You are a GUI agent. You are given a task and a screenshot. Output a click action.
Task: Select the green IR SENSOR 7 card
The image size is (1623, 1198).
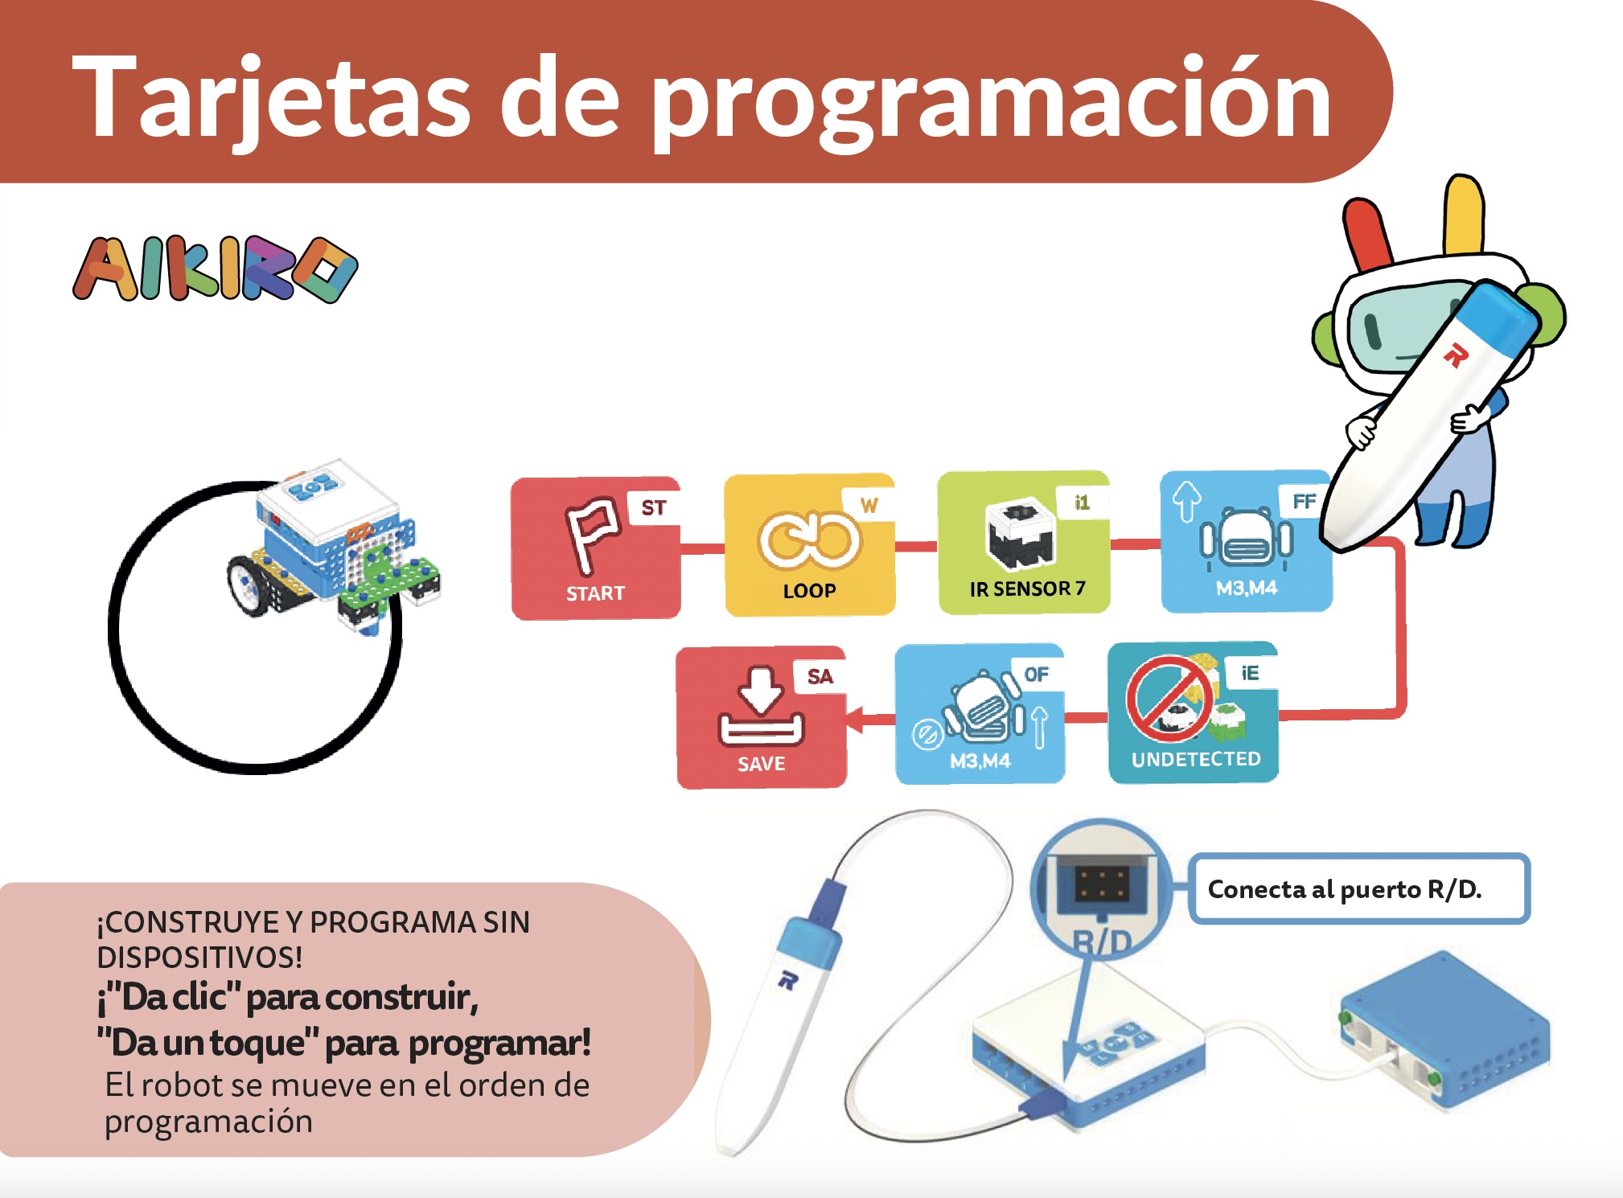1023,544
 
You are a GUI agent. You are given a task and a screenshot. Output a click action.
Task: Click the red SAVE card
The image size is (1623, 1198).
761,717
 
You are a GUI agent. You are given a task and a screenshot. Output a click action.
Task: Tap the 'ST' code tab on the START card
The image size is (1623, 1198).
653,507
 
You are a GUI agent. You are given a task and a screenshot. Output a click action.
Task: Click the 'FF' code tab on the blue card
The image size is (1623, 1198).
1304,502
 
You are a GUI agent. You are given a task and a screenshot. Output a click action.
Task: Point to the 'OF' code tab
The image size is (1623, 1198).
1036,674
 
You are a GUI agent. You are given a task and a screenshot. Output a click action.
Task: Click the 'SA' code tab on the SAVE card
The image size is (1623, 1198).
820,676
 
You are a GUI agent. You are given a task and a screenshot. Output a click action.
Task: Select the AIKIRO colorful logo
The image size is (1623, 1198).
215,269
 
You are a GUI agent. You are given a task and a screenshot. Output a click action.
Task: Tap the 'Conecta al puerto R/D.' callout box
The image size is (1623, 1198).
1358,888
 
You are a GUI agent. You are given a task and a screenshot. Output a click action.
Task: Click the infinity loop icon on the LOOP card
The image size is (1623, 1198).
808,539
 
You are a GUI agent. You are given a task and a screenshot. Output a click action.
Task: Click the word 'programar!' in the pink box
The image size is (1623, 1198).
499,1043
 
